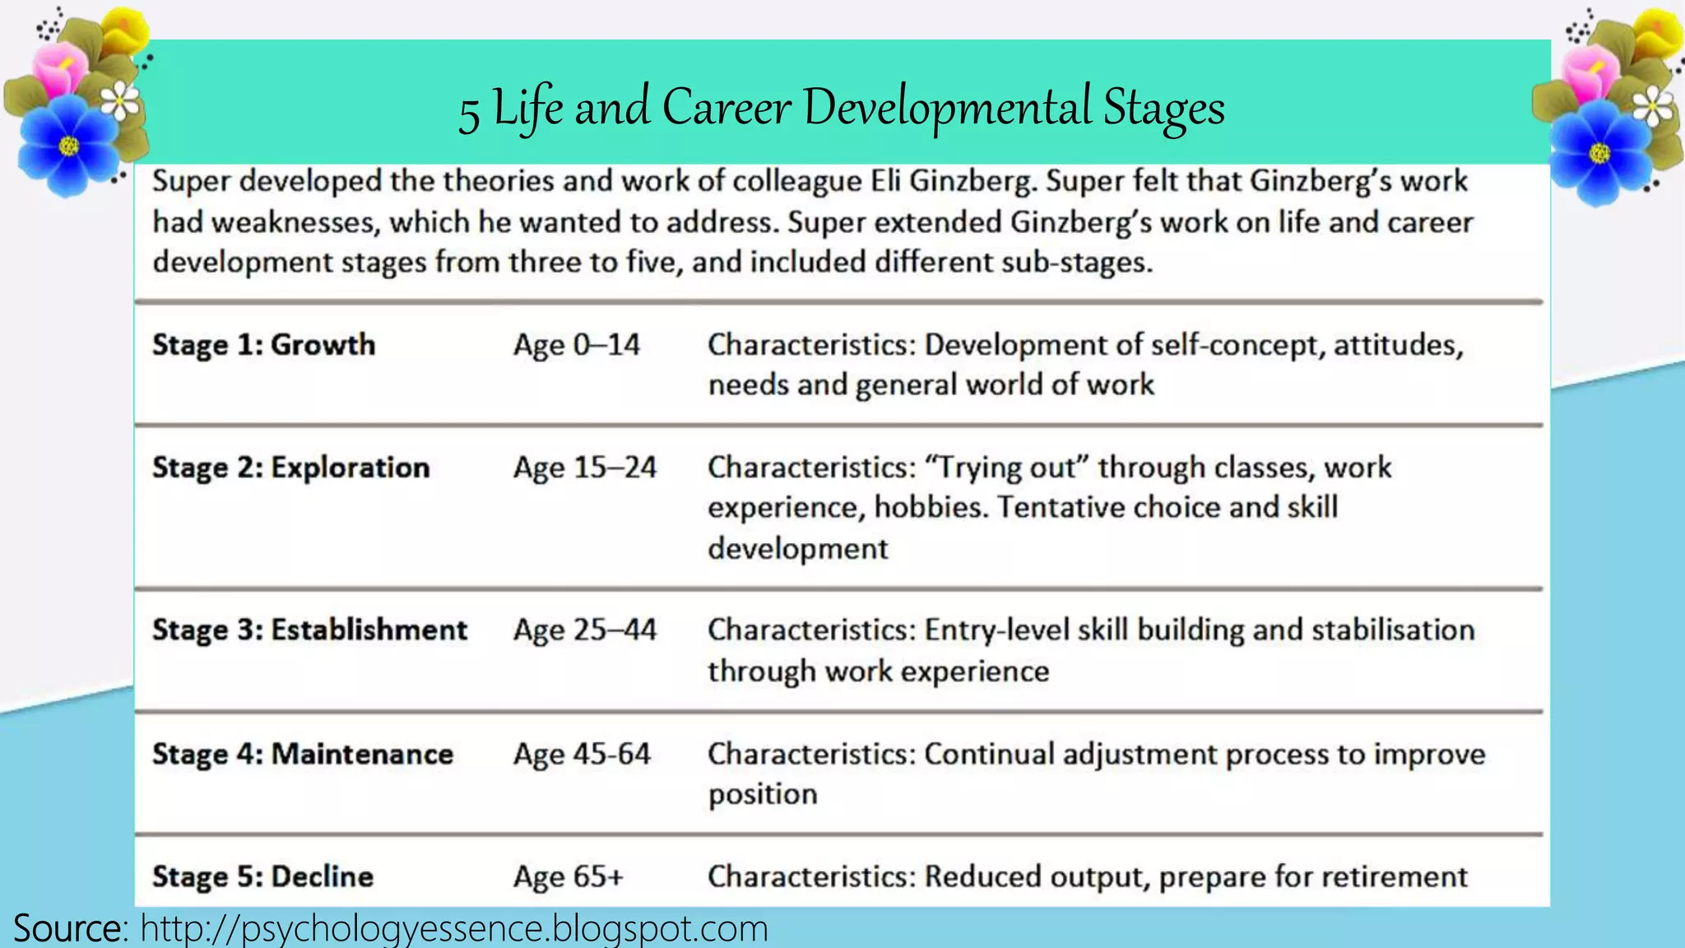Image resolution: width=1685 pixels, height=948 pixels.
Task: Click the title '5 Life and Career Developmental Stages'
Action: point(842,108)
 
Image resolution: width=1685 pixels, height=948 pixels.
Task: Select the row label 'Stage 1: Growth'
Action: point(263,345)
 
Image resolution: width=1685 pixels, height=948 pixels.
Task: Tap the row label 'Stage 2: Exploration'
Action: point(290,467)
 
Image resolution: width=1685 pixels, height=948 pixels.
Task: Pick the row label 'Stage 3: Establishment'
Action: point(309,630)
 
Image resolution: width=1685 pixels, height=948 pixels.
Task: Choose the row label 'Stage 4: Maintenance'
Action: point(302,754)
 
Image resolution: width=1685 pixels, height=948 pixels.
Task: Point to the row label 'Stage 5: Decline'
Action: point(262,876)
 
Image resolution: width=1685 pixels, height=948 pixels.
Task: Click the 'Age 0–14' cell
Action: point(576,345)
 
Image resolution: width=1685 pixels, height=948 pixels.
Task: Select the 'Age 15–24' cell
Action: point(584,467)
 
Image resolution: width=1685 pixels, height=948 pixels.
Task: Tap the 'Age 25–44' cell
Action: point(584,630)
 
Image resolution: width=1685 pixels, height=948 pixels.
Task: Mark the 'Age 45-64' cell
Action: point(582,754)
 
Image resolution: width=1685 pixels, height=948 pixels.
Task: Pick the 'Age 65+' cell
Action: point(568,876)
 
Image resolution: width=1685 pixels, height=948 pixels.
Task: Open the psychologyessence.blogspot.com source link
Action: point(453,928)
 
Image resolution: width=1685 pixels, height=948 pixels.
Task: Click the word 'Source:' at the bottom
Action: point(71,928)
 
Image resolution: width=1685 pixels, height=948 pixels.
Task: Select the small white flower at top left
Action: point(121,101)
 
